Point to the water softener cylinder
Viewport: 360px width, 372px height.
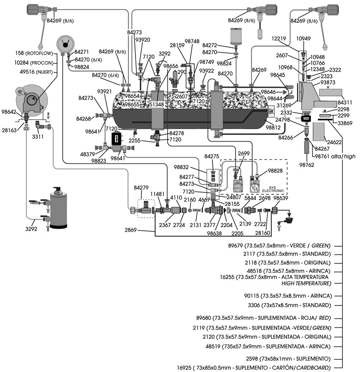59,208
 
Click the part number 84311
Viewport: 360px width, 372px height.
346,103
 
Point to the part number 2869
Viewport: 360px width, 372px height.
131,230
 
